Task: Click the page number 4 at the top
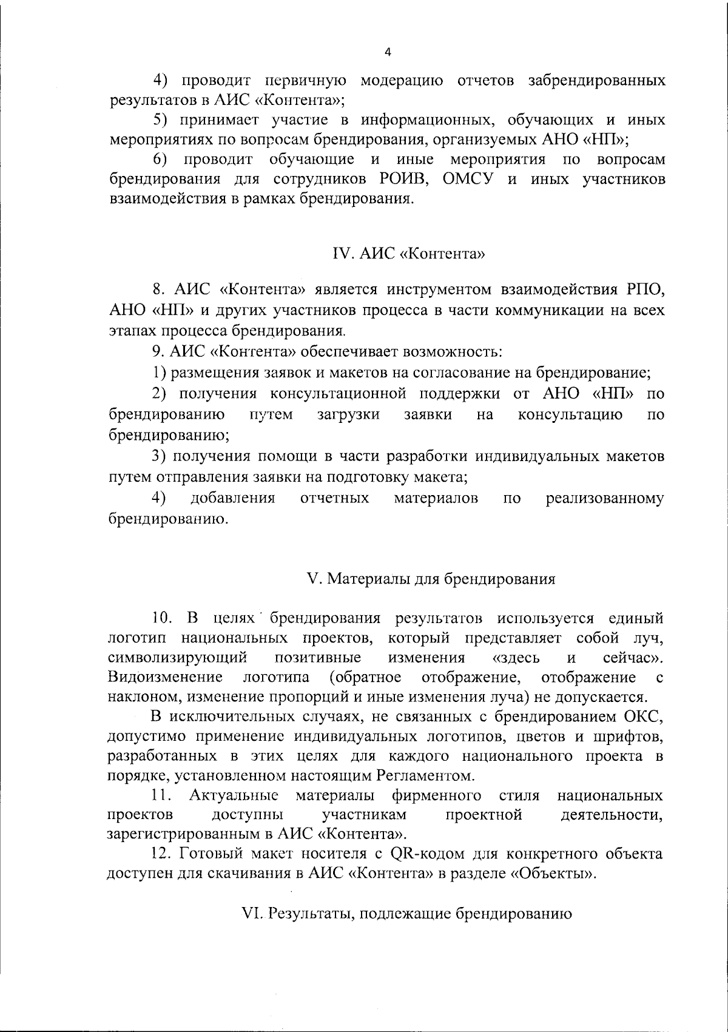388,52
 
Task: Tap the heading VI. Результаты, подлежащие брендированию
406,913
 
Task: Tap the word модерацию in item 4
402,81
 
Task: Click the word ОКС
643,717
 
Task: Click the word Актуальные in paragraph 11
234,795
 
